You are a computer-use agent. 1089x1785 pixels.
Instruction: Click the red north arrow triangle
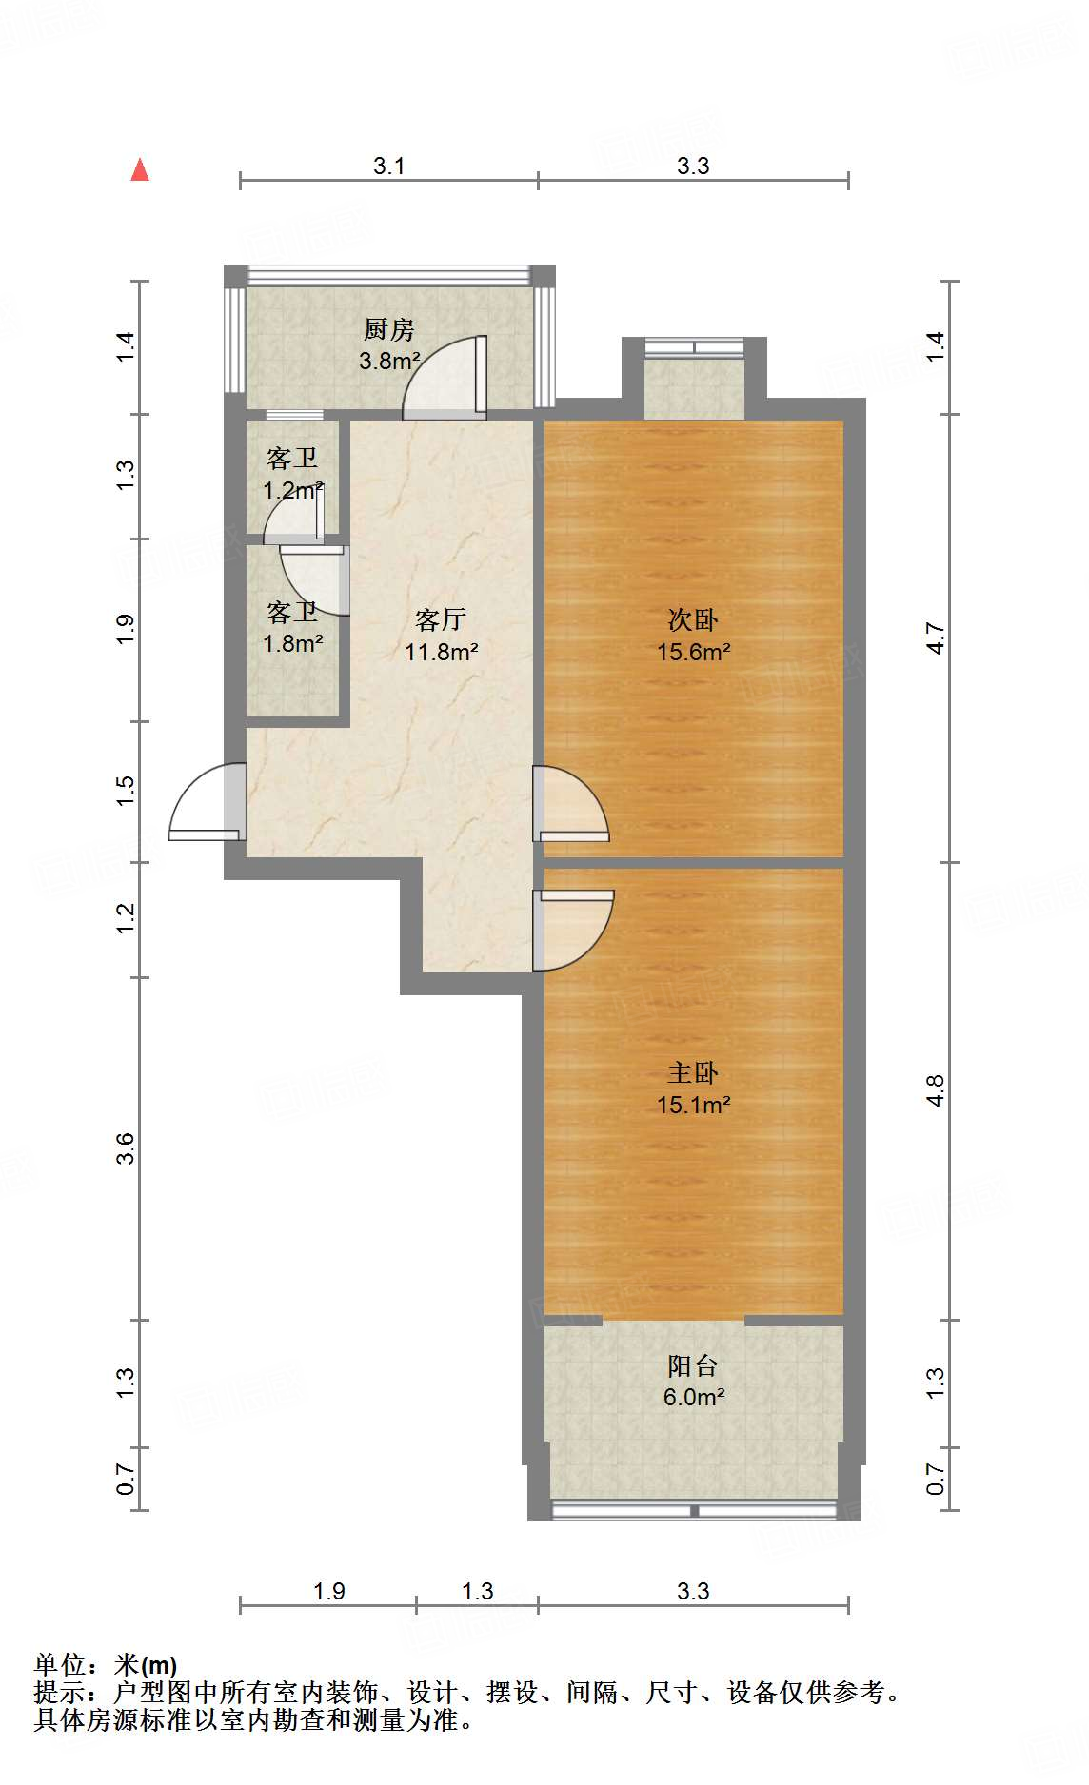140,170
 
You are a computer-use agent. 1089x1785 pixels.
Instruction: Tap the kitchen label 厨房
389,329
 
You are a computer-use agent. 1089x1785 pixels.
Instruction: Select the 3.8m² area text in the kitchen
389,362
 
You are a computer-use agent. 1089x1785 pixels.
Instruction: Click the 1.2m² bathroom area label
291,491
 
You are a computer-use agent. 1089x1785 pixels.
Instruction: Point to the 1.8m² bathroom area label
292,644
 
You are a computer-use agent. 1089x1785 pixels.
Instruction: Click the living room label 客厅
441,619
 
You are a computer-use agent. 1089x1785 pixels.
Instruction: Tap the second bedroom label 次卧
693,619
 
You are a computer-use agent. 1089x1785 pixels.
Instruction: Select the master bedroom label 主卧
693,1072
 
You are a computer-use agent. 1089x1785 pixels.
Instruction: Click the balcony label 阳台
693,1365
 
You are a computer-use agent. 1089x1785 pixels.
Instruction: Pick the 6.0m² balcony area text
693,1398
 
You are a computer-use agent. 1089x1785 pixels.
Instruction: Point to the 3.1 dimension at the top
388,167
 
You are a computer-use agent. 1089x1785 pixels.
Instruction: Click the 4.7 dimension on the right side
936,637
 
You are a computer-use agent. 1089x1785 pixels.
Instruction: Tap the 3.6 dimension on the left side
126,1148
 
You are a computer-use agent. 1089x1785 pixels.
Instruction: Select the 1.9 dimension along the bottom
328,1591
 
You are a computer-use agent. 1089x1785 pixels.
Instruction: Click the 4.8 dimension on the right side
936,1090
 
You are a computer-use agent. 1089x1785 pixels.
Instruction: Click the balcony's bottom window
695,1510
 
